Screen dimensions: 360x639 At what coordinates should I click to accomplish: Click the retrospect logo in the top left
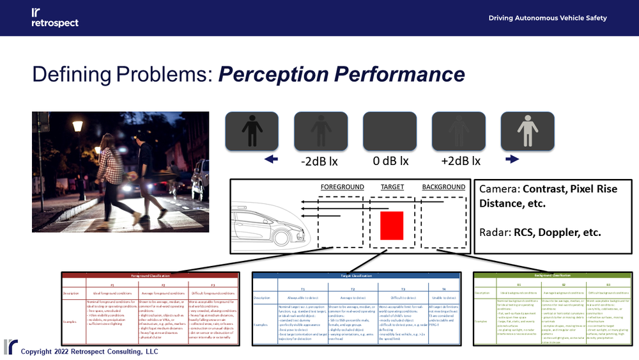(54, 17)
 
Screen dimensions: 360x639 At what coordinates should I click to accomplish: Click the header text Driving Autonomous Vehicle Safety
(548, 18)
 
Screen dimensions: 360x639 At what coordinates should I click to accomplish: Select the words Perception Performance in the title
(342, 74)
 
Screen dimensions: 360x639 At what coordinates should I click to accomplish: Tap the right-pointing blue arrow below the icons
(512, 160)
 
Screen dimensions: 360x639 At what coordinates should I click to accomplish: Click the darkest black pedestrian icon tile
(251, 131)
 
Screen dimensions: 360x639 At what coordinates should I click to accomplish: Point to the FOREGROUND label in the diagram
(342, 187)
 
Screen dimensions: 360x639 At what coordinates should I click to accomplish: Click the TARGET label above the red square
(392, 187)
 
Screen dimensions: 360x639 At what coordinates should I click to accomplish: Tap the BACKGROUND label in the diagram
(443, 187)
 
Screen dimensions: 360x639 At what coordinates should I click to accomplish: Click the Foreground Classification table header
(149, 276)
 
